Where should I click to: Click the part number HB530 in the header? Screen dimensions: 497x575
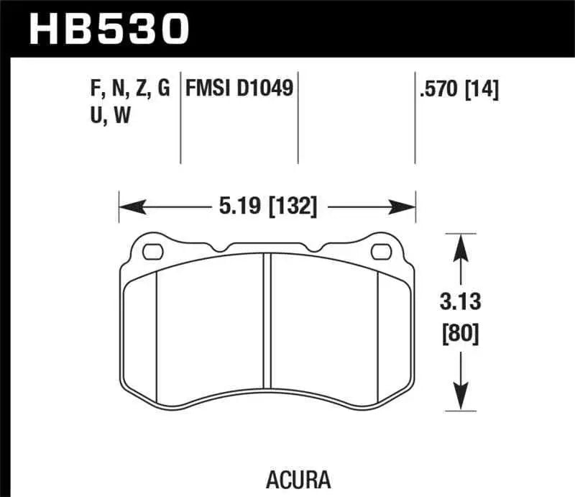coord(108,29)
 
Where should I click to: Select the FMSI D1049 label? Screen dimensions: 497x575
coord(239,89)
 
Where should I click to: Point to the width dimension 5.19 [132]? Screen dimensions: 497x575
coord(266,208)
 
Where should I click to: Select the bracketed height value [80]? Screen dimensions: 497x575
coord(461,334)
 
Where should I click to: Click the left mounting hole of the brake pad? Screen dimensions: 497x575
coord(153,252)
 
